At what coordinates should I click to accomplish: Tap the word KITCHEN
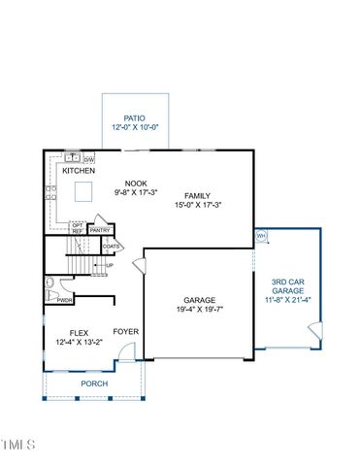click(x=80, y=171)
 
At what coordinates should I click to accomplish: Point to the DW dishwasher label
click(x=88, y=159)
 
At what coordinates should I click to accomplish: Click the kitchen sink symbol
click(x=71, y=157)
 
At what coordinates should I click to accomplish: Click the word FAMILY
click(x=198, y=194)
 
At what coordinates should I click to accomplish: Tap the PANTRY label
click(x=101, y=230)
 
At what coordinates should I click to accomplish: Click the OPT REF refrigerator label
click(x=77, y=228)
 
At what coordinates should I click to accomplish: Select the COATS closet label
click(x=111, y=247)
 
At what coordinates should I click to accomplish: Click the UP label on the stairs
click(x=109, y=265)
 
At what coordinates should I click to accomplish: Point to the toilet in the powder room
click(x=49, y=284)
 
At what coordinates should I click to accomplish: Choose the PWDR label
click(x=65, y=301)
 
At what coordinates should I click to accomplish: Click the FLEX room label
click(x=66, y=331)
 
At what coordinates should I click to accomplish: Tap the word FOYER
click(x=125, y=331)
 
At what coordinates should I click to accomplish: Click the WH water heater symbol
click(x=260, y=235)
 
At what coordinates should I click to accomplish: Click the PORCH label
click(x=94, y=383)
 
